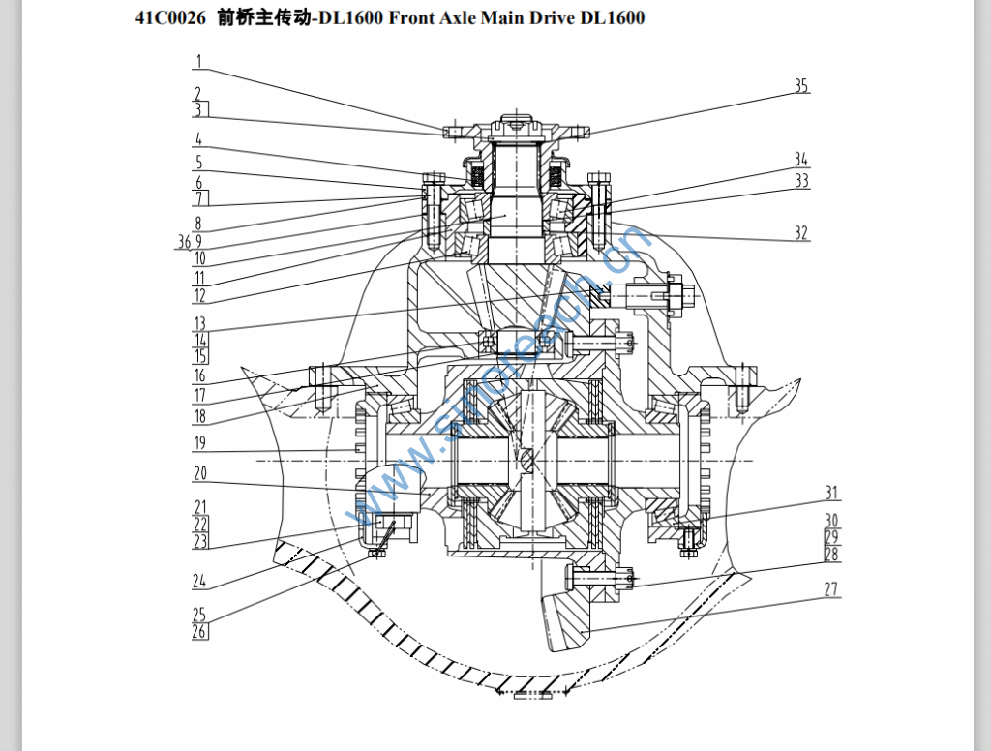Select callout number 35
click(801, 86)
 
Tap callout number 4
click(197, 138)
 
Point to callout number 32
click(801, 233)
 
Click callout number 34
click(801, 159)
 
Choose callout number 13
click(199, 323)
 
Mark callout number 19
click(199, 443)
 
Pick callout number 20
click(199, 474)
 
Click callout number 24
click(199, 581)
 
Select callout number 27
click(831, 588)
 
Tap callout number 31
click(831, 493)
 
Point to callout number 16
click(199, 375)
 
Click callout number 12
click(199, 295)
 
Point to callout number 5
click(199, 163)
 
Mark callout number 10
click(199, 258)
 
